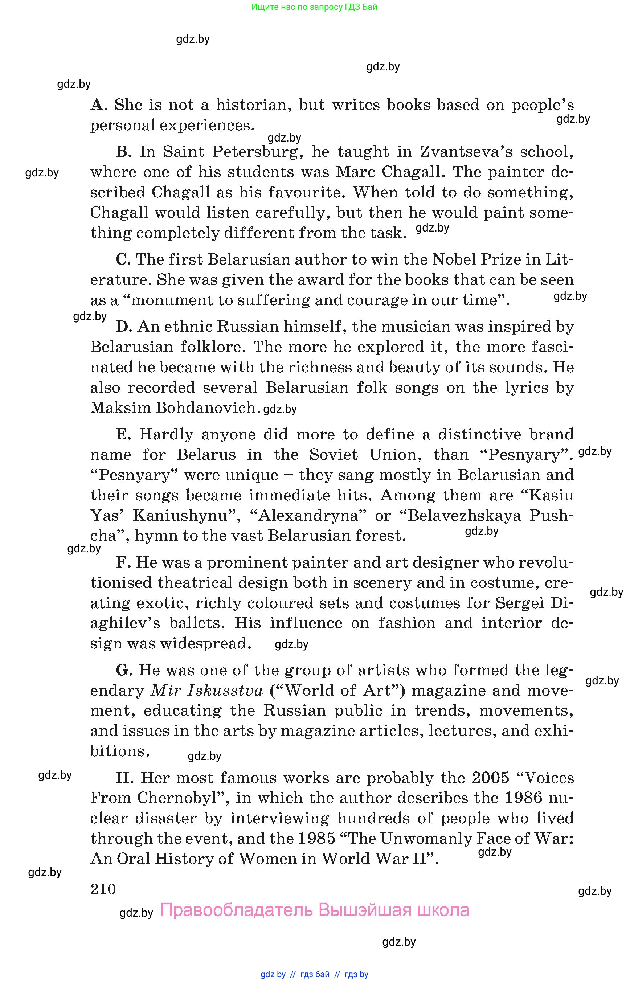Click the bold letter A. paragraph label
click(x=99, y=105)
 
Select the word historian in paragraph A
click(x=254, y=105)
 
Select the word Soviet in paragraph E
click(x=333, y=455)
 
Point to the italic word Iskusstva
click(x=225, y=691)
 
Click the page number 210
click(x=103, y=889)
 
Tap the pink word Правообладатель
click(x=237, y=910)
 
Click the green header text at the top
click(x=314, y=7)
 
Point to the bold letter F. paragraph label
click(x=123, y=562)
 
